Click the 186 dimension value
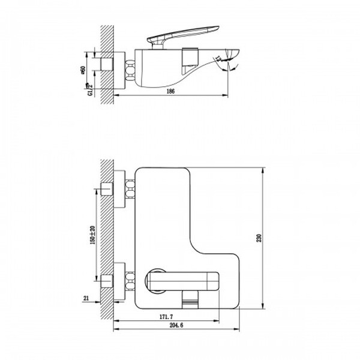(x=171, y=91)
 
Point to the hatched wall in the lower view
(x=107, y=240)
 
